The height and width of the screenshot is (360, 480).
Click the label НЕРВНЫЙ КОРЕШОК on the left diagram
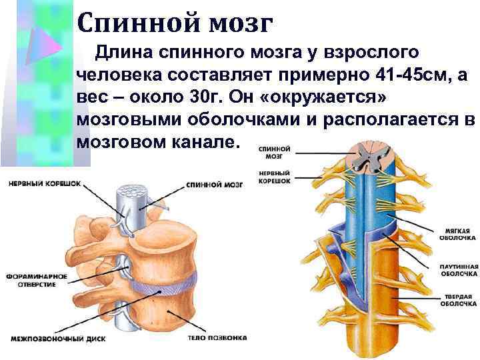(45, 181)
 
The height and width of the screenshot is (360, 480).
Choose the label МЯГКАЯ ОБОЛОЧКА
(457, 233)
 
